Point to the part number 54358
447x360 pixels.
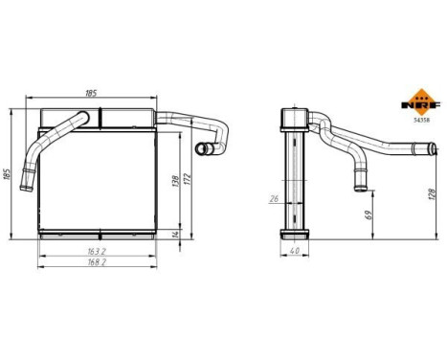[419, 121]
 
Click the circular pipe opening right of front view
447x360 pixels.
[202, 149]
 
